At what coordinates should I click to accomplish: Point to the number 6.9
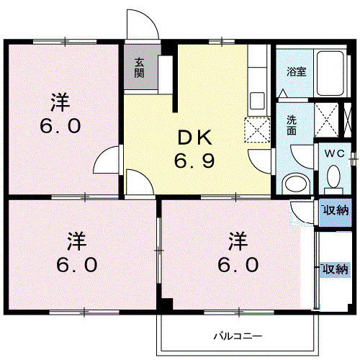tap(193, 159)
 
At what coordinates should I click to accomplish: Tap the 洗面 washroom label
tap(292, 126)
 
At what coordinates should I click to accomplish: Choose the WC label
tap(333, 153)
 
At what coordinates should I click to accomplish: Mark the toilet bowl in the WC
tap(333, 177)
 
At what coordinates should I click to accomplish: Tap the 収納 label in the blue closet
tap(334, 210)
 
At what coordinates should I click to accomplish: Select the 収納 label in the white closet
tap(334, 269)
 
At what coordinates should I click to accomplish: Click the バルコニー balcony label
tap(237, 336)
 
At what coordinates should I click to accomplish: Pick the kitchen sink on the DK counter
tap(258, 99)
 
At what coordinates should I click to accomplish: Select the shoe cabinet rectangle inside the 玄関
tap(164, 72)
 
